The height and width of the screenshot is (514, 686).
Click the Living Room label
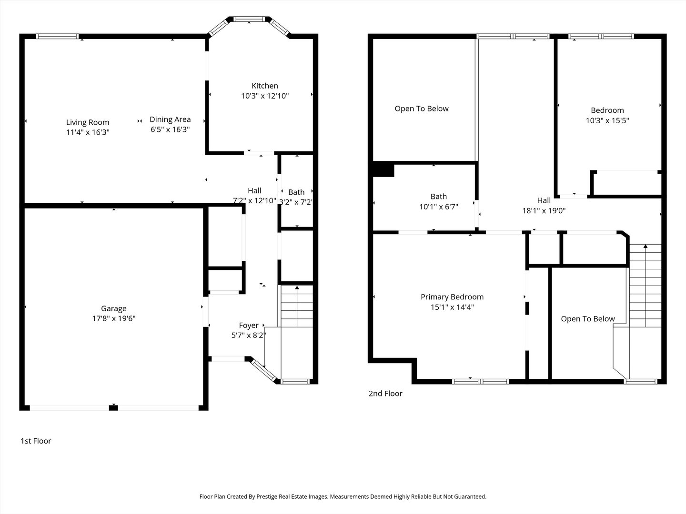point(88,122)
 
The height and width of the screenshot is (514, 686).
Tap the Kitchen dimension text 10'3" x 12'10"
point(265,96)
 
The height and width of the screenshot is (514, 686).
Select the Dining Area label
point(170,119)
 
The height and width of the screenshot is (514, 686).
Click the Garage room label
point(114,308)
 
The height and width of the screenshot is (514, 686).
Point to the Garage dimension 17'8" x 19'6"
point(114,318)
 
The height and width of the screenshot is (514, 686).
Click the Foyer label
point(249,325)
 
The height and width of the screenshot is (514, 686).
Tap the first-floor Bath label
point(296,192)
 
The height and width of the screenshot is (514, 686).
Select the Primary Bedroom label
point(452,297)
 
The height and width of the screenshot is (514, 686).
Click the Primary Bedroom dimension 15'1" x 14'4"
point(452,307)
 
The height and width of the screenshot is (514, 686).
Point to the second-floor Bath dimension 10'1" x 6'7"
point(439,207)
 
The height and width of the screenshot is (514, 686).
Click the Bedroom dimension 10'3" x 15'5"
point(607,120)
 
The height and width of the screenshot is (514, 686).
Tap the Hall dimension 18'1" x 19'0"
point(544,210)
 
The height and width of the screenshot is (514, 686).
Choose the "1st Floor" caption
point(36,441)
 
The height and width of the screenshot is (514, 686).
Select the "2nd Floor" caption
point(385,394)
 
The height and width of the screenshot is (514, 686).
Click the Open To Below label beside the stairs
point(587,319)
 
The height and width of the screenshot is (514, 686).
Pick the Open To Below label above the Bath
point(422,109)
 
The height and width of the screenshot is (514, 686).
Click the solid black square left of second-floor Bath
point(383,170)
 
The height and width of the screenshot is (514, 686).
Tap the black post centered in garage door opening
point(113,407)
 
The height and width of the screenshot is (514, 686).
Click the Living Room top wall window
point(58,36)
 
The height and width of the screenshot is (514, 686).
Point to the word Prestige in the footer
point(270,496)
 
